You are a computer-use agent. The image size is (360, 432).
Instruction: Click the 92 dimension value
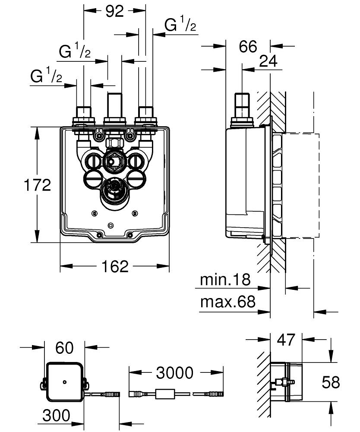pyautogui.click(x=115, y=11)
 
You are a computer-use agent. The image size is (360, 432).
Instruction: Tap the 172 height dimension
pyautogui.click(x=38, y=185)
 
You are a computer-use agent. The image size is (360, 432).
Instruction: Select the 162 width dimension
pyautogui.click(x=115, y=266)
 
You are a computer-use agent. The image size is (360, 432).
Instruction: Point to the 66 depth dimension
pyautogui.click(x=248, y=46)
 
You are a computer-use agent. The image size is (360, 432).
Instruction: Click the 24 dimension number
pyautogui.click(x=268, y=61)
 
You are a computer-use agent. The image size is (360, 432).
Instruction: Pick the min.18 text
pyautogui.click(x=225, y=280)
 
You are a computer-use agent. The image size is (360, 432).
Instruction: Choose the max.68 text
pyautogui.click(x=228, y=302)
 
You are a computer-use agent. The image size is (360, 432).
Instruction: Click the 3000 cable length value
pyautogui.click(x=175, y=373)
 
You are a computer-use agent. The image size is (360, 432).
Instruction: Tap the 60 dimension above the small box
pyautogui.click(x=64, y=348)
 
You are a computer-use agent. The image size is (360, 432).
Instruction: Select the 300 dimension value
pyautogui.click(x=57, y=415)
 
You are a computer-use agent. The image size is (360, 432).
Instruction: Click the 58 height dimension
pyautogui.click(x=331, y=382)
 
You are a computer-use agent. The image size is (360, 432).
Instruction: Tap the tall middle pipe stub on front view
pyautogui.click(x=114, y=105)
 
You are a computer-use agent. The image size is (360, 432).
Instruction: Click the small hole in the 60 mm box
pyautogui.click(x=64, y=382)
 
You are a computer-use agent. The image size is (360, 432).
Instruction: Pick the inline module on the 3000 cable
pyautogui.click(x=165, y=394)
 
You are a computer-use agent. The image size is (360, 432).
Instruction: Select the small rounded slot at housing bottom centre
pyautogui.click(x=111, y=226)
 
